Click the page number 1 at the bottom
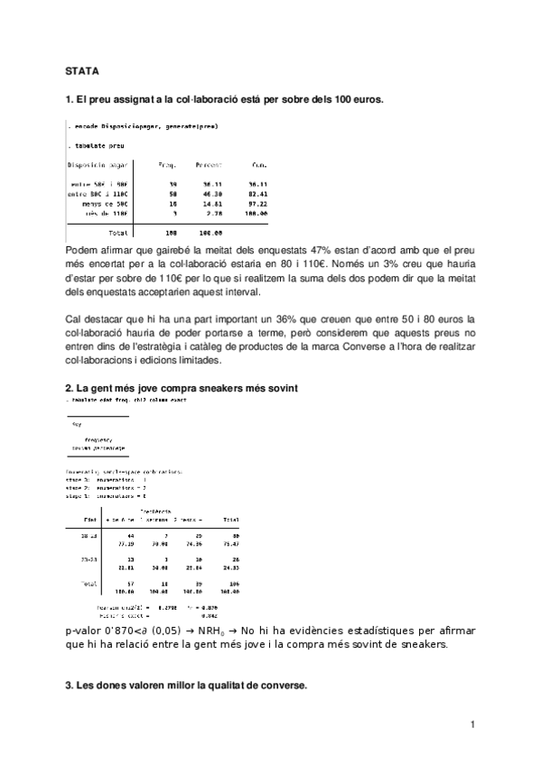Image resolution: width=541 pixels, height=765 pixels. (x=471, y=724)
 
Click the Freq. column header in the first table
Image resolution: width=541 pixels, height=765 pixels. (x=167, y=165)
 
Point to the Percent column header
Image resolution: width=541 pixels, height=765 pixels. (x=210, y=165)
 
